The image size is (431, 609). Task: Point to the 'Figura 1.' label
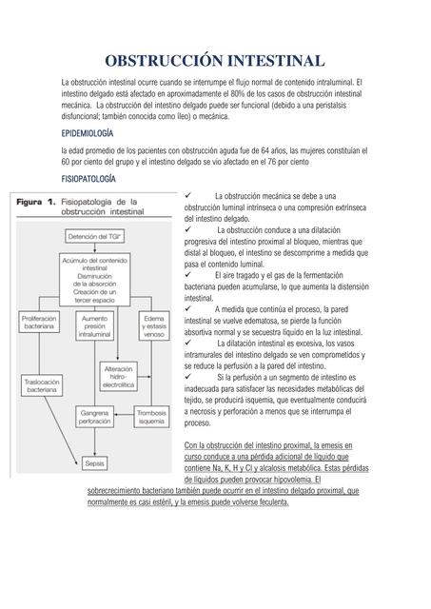pyautogui.click(x=39, y=202)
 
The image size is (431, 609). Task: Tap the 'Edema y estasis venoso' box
pyautogui.click(x=152, y=326)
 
